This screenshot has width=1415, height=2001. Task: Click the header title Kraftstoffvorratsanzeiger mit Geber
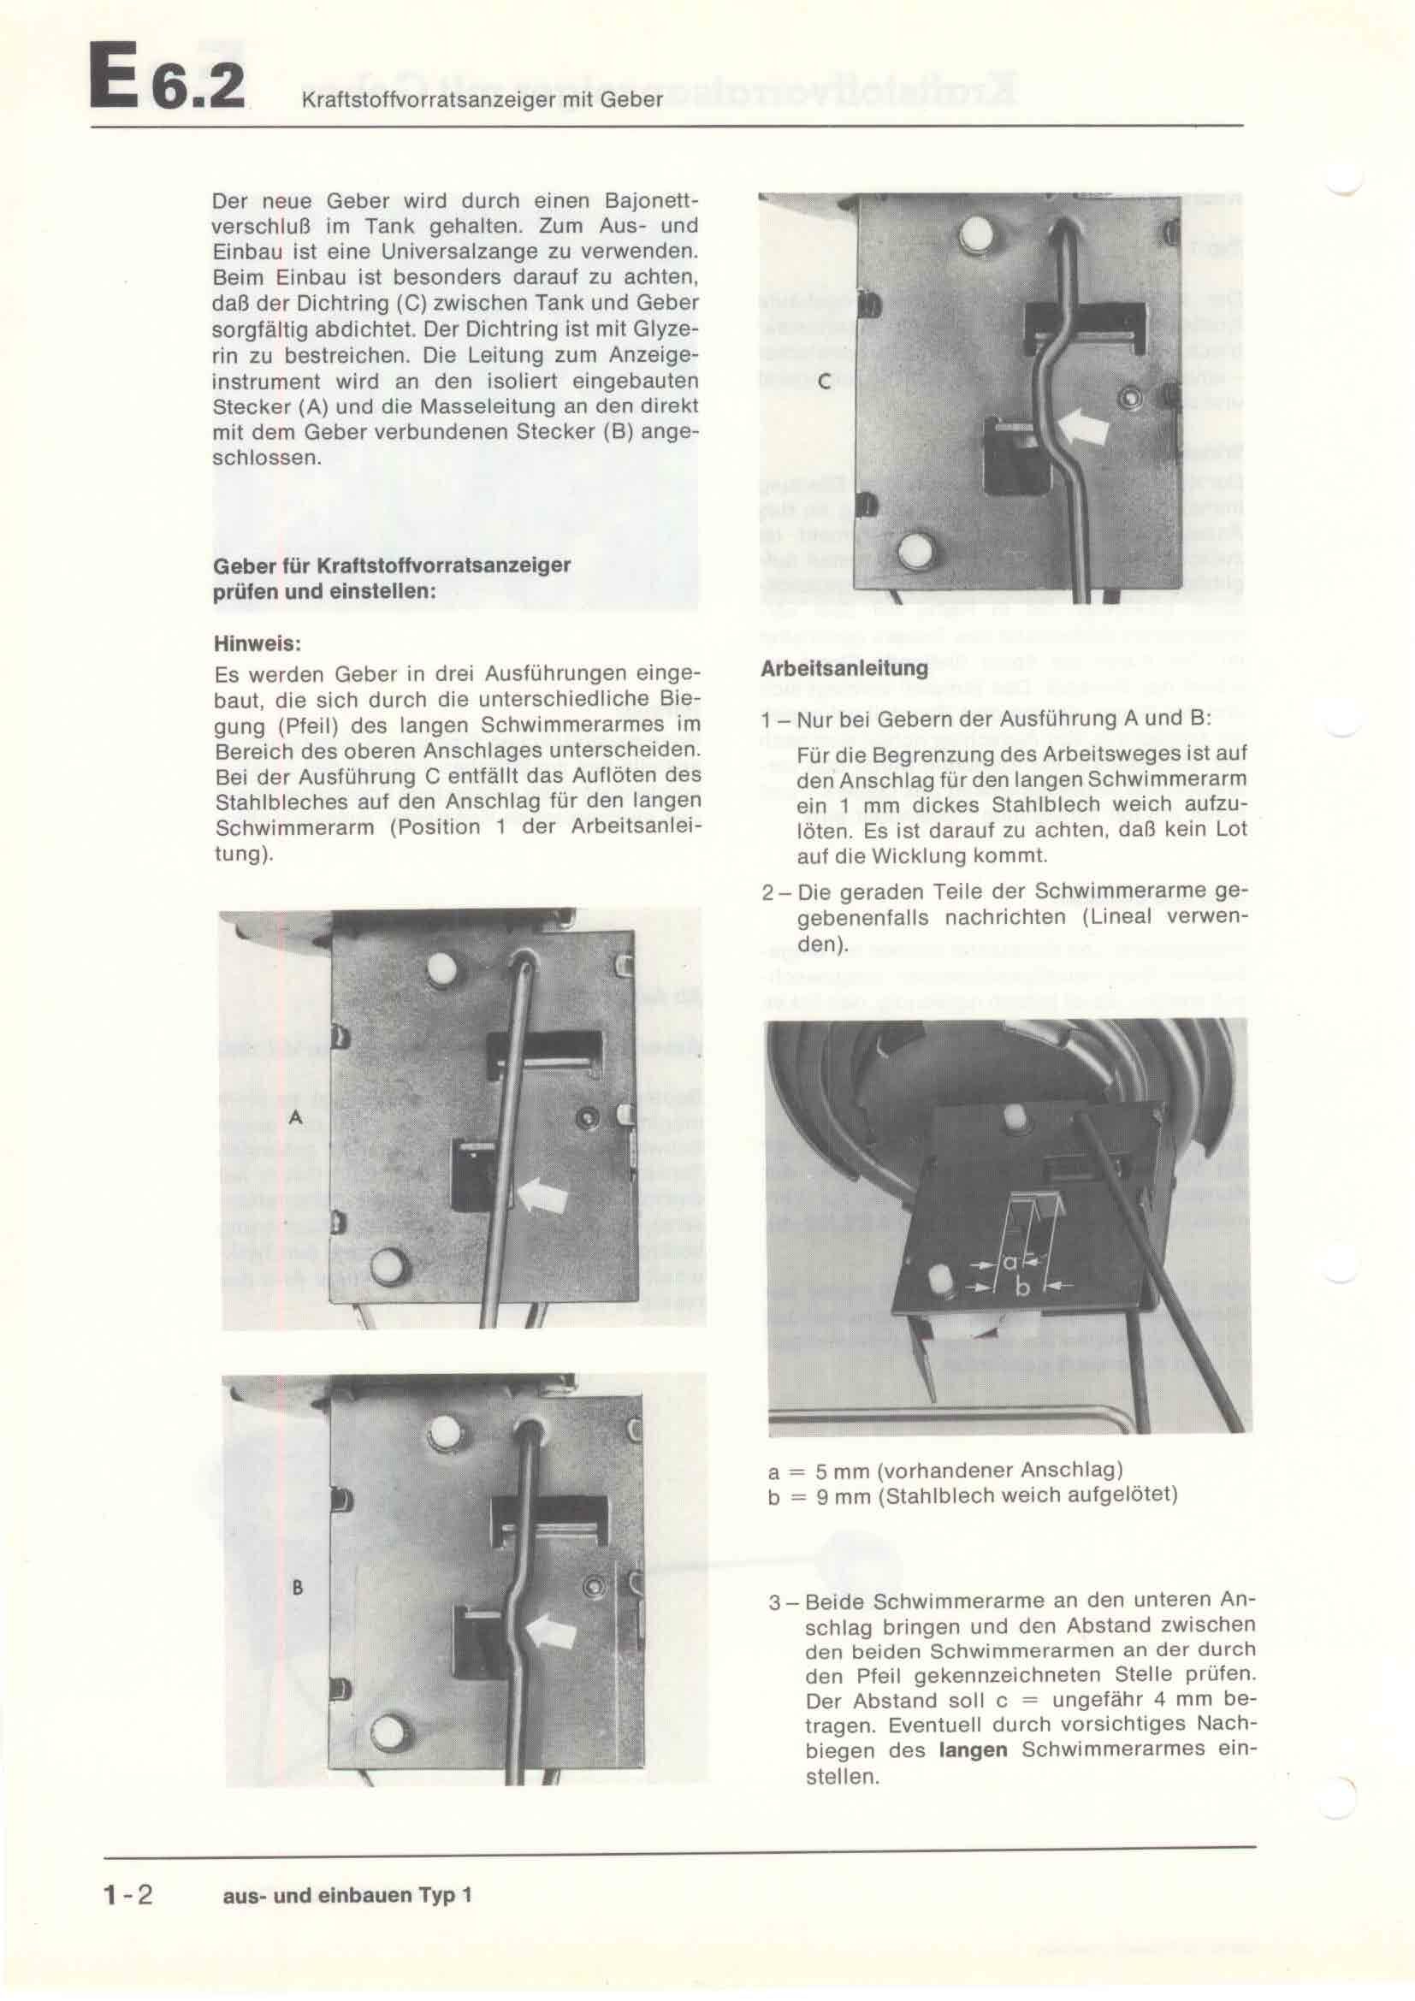pos(482,100)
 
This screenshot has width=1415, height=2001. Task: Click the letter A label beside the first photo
pos(296,1117)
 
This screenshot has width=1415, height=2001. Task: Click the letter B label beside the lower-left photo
pos(297,1587)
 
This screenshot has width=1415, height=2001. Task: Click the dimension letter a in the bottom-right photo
pos(1009,1261)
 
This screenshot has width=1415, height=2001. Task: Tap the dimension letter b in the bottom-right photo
pos(1022,1288)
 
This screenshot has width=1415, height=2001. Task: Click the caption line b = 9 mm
pos(973,1495)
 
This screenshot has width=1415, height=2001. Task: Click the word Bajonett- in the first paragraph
pos(651,199)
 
